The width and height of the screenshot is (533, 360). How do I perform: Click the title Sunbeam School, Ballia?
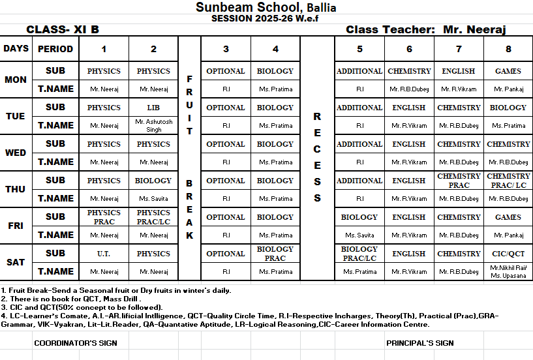point(266,7)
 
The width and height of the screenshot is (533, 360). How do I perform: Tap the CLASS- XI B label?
point(63,29)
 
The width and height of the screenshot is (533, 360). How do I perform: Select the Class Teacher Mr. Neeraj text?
point(425,29)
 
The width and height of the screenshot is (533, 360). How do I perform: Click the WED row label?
point(16,153)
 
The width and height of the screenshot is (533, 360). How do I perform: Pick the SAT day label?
point(16,262)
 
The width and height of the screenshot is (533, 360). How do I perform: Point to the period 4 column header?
point(276,49)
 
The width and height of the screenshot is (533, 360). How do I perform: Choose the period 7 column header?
point(459,49)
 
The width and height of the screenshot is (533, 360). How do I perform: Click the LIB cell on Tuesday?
point(153,108)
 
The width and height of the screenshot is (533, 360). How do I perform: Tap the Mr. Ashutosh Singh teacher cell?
point(153,125)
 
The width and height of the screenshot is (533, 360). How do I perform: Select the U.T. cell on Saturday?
point(104,254)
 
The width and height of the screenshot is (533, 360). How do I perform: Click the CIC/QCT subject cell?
point(508,254)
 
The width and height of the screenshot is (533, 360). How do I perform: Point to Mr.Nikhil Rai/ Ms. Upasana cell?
point(508,271)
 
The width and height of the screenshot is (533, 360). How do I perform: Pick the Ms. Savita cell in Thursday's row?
point(153,198)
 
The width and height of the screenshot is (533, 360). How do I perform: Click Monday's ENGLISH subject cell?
point(459,71)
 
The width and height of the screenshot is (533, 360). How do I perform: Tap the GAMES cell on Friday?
point(508,217)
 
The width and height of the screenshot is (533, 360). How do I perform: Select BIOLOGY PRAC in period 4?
point(276,254)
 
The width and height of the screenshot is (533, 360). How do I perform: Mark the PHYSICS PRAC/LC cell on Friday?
point(153,217)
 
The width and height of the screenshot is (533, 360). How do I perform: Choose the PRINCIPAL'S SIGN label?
point(419,342)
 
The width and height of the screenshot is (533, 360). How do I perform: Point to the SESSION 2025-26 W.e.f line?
point(266,18)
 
